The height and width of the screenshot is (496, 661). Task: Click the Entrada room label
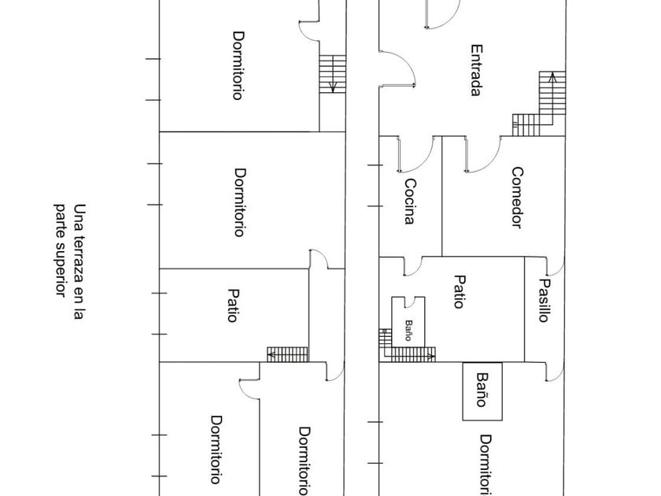point(476,70)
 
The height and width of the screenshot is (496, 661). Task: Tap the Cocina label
point(410,202)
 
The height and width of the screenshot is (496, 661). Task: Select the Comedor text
point(517,198)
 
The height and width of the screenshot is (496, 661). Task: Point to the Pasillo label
point(545,300)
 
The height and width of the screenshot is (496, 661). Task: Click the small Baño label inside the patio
point(408,330)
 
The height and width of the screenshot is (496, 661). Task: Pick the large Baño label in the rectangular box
point(482,389)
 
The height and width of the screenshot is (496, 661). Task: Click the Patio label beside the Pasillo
point(459,292)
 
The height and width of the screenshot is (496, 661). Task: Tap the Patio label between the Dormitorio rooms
point(233,305)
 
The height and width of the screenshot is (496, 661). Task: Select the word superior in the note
point(61,269)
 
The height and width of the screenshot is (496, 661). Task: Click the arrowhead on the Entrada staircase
point(552,76)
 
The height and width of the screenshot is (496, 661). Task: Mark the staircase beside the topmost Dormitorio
point(333,74)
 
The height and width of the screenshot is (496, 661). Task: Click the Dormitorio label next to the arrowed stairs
point(238,65)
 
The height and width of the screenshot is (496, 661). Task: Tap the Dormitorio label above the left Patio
point(240,202)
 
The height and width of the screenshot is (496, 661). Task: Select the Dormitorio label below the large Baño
point(486,465)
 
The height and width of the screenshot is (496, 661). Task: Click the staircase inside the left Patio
point(287,354)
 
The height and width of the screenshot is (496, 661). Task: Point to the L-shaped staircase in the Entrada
point(539,104)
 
